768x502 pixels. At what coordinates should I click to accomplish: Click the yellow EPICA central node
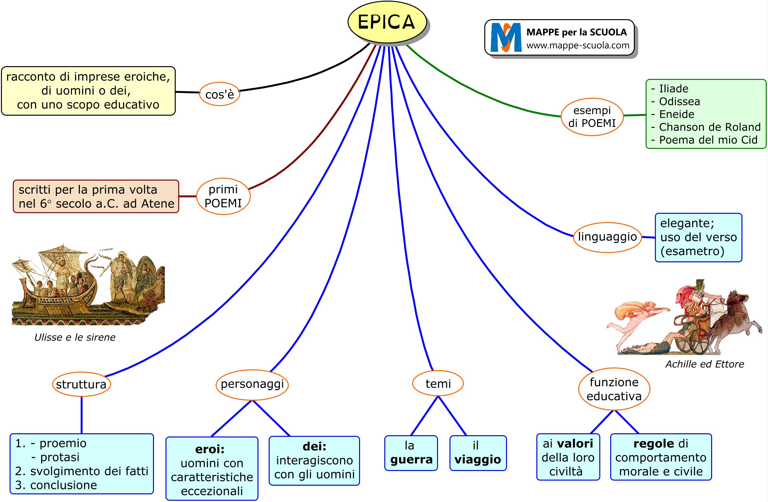(387, 22)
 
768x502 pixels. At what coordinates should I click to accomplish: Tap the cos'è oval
(219, 94)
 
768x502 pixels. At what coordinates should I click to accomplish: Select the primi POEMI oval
(223, 196)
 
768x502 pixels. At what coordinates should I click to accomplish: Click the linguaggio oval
(607, 237)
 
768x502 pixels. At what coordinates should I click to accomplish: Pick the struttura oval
(81, 384)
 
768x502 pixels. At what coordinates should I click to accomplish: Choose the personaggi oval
(252, 384)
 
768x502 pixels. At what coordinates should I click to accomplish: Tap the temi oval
(438, 384)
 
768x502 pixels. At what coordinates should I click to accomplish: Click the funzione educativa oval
(614, 389)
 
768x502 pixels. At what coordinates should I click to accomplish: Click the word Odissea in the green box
(679, 102)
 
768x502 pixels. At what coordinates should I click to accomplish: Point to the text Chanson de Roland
(710, 127)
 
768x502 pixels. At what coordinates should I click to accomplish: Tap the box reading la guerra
(411, 453)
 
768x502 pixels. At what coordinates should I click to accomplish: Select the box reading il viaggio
(478, 453)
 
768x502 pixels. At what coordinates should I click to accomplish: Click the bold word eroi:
(210, 449)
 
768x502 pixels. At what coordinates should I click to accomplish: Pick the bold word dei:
(314, 447)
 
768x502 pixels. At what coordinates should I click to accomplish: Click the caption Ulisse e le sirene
(75, 337)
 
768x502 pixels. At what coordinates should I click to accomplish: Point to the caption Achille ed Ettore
(704, 364)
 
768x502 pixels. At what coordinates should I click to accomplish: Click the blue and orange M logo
(506, 37)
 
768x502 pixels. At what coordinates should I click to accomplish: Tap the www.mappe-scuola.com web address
(578, 45)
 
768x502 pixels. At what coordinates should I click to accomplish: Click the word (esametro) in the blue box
(692, 251)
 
